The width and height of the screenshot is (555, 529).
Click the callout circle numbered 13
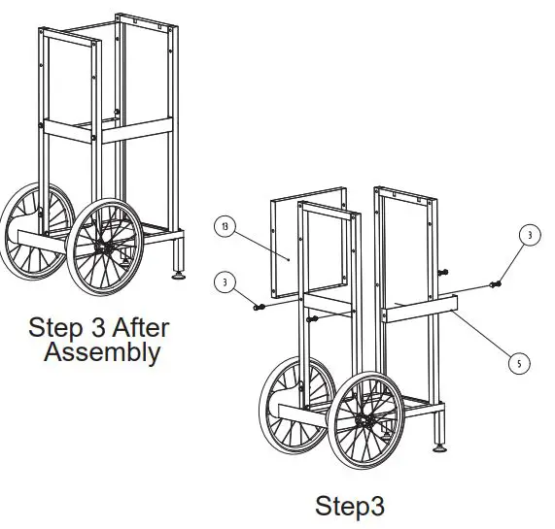tap(225, 227)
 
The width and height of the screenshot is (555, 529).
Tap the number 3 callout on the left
tap(226, 281)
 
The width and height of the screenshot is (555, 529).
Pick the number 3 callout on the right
tap(529, 235)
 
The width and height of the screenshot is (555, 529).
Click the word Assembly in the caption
tap(102, 351)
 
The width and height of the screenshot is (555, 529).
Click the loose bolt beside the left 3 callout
tap(259, 306)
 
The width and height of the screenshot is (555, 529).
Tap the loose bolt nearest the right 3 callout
tap(497, 283)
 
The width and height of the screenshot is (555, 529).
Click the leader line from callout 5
tap(486, 335)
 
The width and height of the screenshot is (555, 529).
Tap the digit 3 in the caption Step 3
tap(95, 324)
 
